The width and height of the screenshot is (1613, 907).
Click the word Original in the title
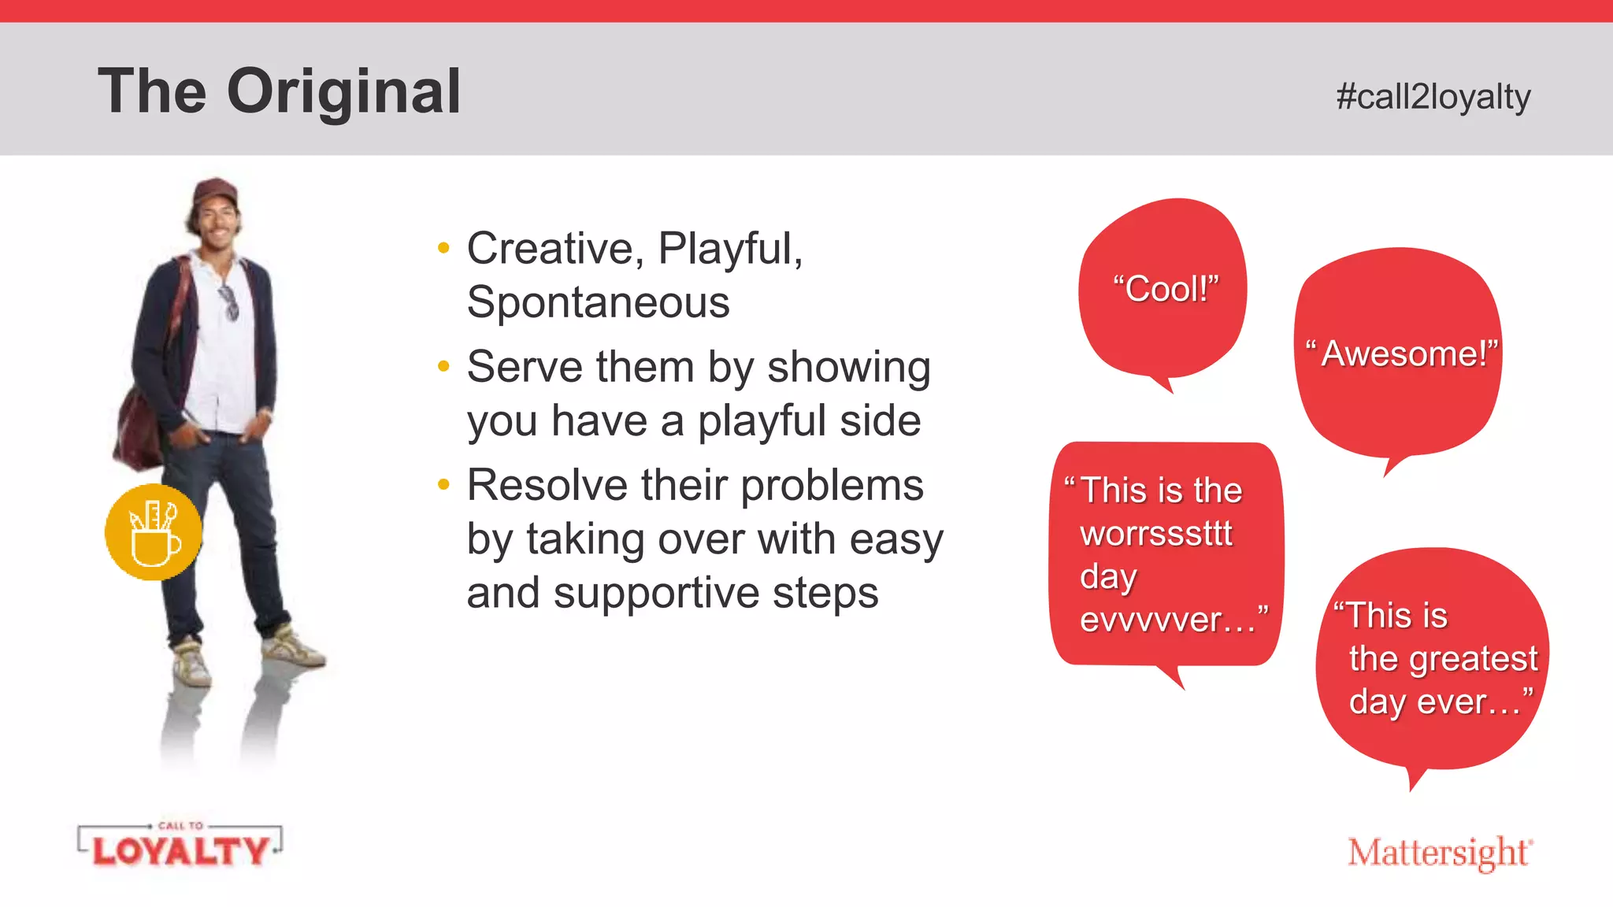343,92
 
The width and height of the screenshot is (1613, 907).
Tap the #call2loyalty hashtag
1433,97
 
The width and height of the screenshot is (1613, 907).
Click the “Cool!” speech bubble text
1166,289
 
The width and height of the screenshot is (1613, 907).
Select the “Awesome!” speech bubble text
1403,354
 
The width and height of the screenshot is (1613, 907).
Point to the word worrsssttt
1155,534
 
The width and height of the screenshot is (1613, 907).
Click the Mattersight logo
1439,853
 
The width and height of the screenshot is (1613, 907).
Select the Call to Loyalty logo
180,847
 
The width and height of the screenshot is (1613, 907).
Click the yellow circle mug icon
153,532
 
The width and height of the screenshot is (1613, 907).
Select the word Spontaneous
598,302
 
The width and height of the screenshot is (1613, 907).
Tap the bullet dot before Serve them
443,366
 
